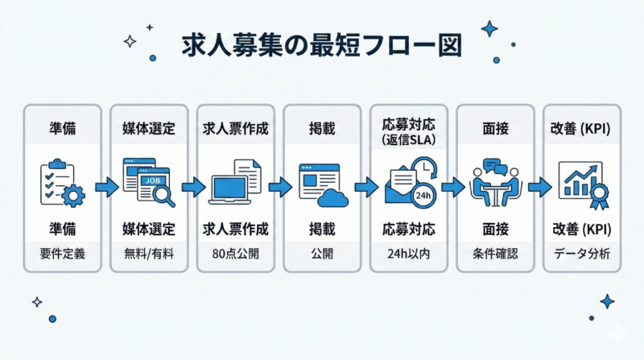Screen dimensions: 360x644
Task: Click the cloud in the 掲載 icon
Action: (x=332, y=196)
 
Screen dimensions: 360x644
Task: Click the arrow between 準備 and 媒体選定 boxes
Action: (x=105, y=188)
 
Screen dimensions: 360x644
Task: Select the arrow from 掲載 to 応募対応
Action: (x=365, y=188)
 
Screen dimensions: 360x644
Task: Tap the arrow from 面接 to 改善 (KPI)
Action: (x=539, y=188)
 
